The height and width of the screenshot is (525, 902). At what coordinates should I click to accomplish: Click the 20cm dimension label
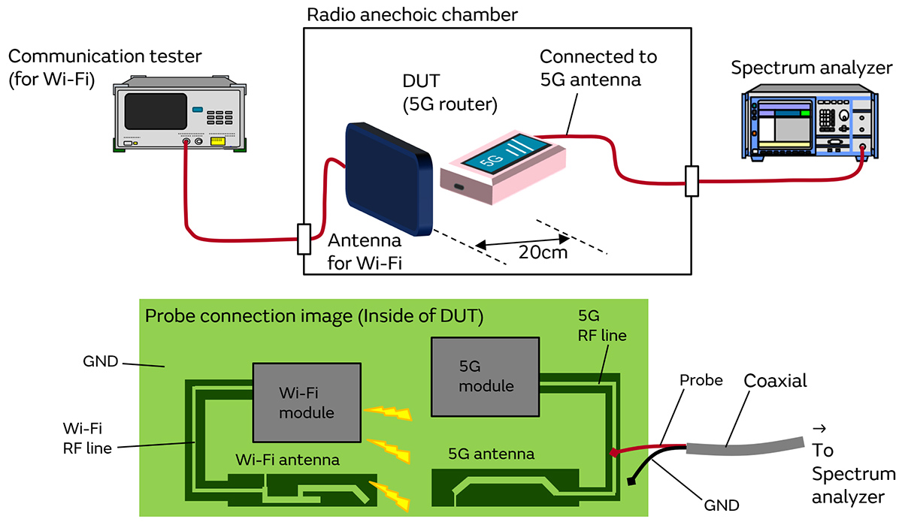point(543,252)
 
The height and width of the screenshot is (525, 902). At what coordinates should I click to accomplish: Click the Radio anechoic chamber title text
point(413,14)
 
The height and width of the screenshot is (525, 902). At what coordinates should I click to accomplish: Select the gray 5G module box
point(486,376)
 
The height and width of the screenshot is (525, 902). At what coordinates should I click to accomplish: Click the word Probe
point(701,380)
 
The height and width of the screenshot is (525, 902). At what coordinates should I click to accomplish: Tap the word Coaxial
point(775,381)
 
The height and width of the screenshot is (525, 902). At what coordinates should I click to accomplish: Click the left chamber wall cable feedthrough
point(304,239)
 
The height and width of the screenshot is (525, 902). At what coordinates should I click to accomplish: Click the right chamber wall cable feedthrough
point(692,181)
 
